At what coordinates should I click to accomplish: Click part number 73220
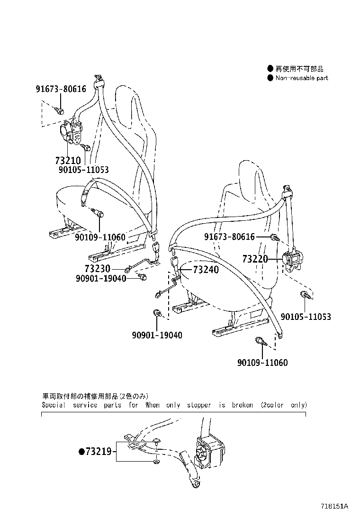point(255,259)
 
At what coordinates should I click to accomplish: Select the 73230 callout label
point(98,268)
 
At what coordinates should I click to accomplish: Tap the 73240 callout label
point(206,270)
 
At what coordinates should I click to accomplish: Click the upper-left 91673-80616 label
point(61,89)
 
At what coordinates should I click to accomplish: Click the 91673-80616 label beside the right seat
point(229,236)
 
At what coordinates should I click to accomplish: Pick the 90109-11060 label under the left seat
point(100,236)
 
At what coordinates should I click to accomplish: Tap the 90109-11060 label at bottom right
point(262,363)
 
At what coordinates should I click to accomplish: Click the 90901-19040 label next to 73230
point(101,278)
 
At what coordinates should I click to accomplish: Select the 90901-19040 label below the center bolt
point(157,335)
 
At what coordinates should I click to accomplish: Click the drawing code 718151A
point(334,506)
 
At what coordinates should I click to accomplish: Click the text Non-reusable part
point(302,78)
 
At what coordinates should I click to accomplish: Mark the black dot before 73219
point(81,452)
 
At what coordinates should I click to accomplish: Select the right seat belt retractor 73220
point(294,260)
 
